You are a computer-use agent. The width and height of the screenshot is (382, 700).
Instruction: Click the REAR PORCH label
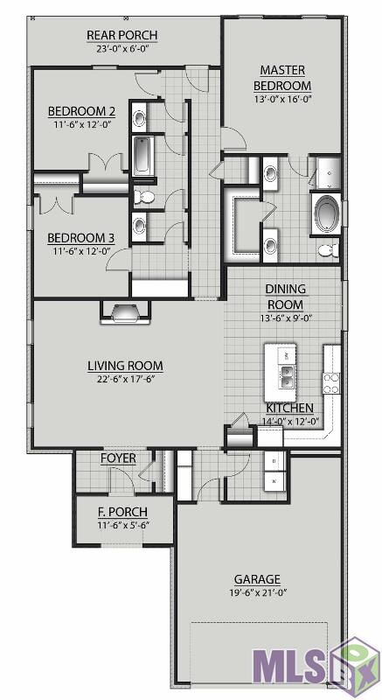click(122, 35)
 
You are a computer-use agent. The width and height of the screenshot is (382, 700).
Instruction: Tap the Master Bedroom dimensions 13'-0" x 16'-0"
click(282, 99)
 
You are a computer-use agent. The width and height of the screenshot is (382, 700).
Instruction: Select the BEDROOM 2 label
click(81, 111)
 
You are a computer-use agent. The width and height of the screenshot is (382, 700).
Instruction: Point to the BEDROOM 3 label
click(81, 238)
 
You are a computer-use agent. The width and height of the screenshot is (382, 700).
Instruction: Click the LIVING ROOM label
click(125, 366)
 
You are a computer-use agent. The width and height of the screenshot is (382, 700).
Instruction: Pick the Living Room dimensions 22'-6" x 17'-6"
click(125, 380)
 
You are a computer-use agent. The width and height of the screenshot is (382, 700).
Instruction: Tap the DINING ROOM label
click(286, 297)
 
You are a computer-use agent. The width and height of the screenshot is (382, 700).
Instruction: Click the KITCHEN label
click(289, 408)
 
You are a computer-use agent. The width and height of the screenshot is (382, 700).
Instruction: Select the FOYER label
click(118, 458)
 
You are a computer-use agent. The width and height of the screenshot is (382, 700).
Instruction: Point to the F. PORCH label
click(122, 512)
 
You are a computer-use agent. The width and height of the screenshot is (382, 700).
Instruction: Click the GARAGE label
click(257, 579)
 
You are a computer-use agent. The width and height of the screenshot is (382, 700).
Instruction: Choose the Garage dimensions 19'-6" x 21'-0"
click(257, 593)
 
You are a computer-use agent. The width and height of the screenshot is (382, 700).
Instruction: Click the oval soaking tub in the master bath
click(326, 213)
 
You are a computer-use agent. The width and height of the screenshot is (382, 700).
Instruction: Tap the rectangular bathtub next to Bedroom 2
click(142, 155)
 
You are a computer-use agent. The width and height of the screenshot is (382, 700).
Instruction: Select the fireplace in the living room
click(125, 312)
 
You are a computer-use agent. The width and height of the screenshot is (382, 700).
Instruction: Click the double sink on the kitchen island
click(286, 376)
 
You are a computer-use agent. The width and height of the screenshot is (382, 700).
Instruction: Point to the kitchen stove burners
click(331, 383)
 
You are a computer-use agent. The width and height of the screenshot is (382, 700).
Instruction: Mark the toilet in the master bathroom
click(328, 250)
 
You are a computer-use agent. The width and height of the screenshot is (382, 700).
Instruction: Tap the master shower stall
click(329, 172)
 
